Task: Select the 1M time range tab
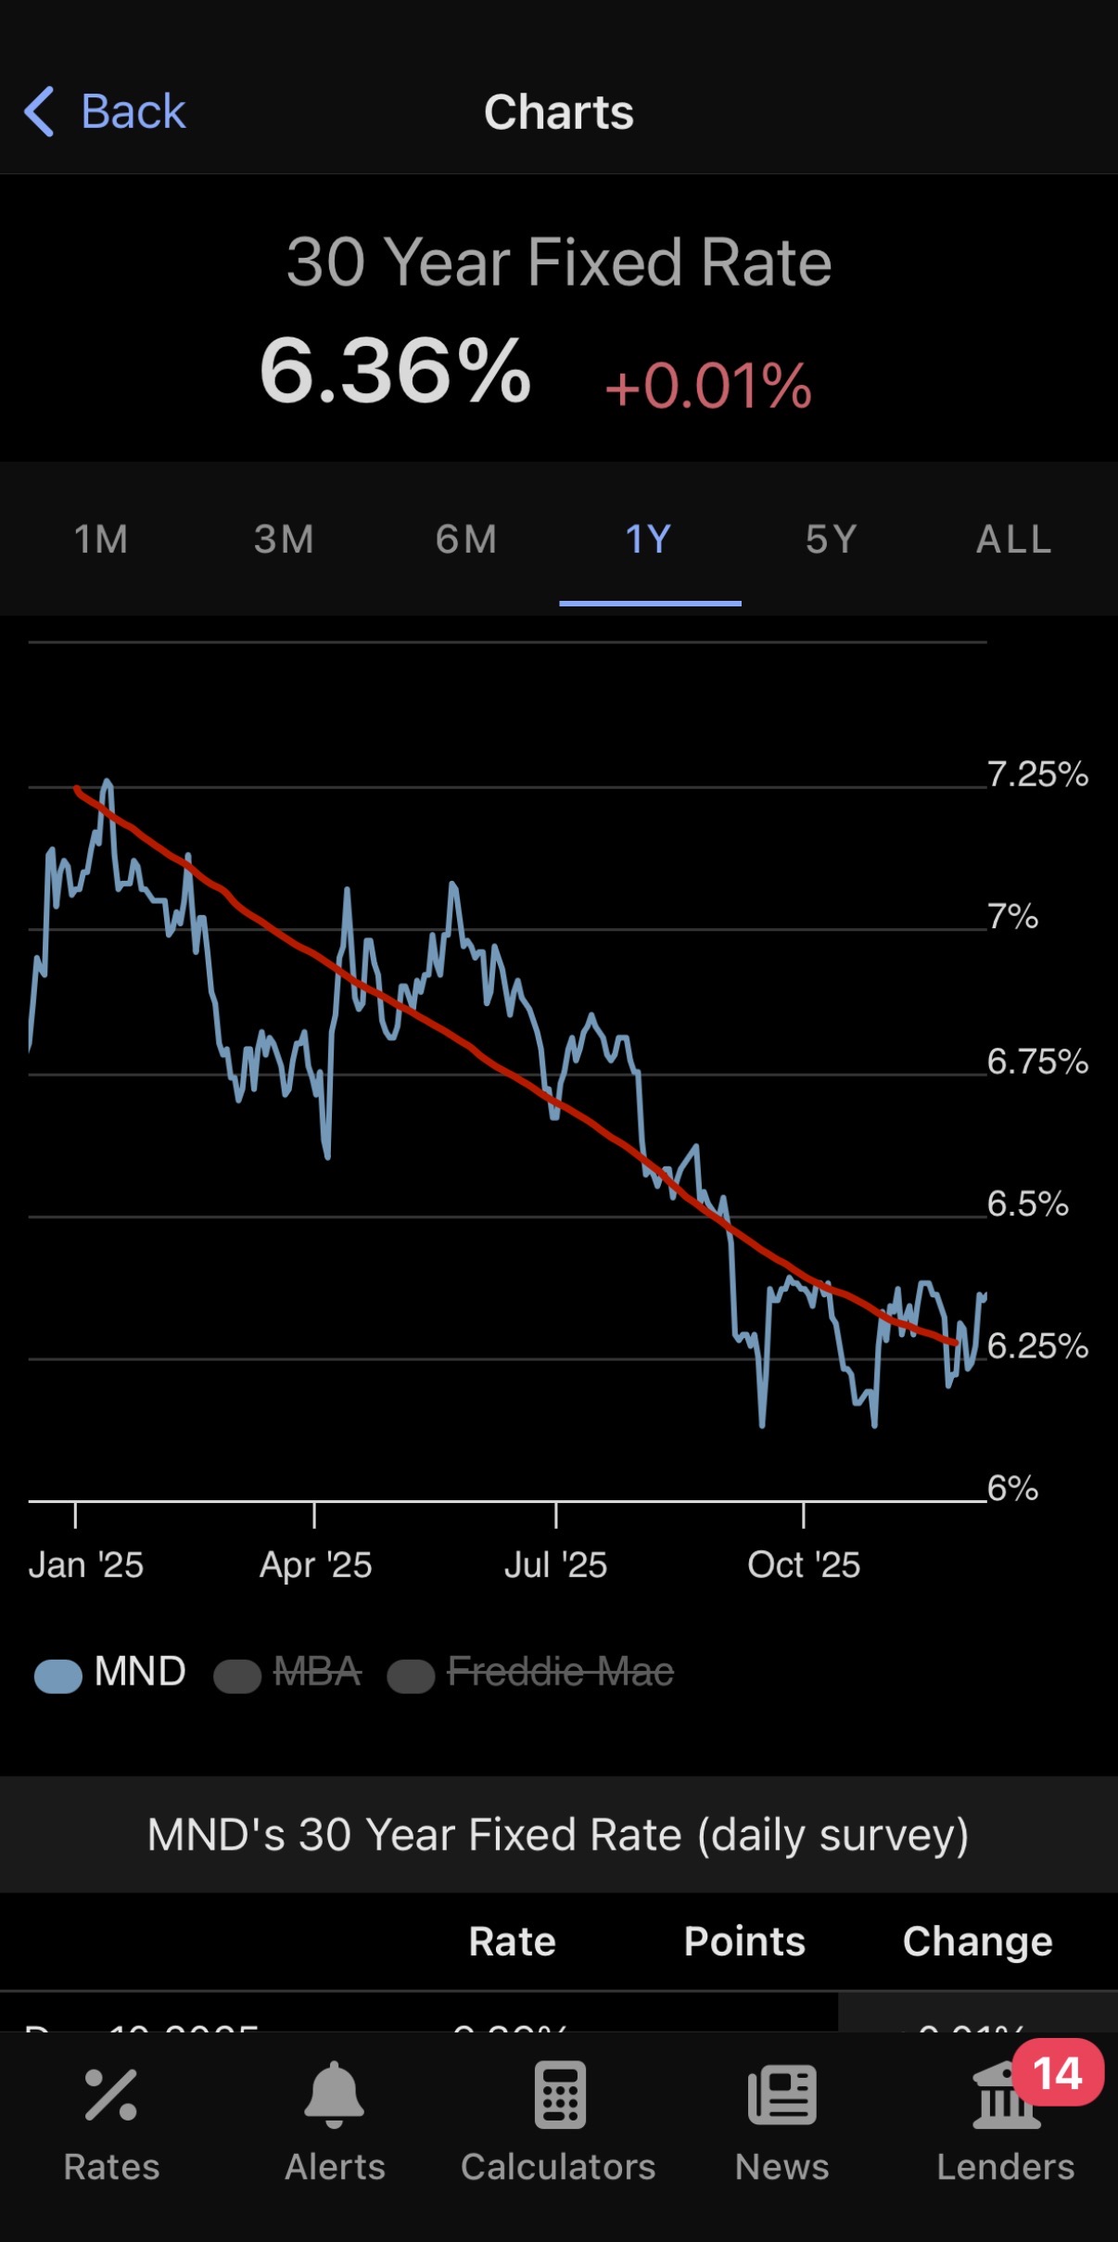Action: pyautogui.click(x=101, y=540)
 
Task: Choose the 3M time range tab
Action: pyautogui.click(x=284, y=540)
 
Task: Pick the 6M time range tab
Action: pyautogui.click(x=466, y=540)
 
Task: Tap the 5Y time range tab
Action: pyautogui.click(x=832, y=540)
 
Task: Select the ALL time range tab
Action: pyautogui.click(x=1014, y=540)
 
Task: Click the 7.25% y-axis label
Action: pyautogui.click(x=1036, y=774)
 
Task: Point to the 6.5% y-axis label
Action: pyautogui.click(x=1027, y=1204)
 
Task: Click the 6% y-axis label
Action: pyautogui.click(x=1012, y=1488)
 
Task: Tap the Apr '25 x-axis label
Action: pyautogui.click(x=315, y=1565)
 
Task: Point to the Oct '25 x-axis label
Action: pyautogui.click(x=804, y=1565)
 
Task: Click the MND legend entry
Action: pyautogui.click(x=111, y=1673)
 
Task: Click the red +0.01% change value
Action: pyautogui.click(x=708, y=386)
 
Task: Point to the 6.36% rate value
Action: pyautogui.click(x=396, y=373)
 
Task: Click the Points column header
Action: pyautogui.click(x=744, y=1942)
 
